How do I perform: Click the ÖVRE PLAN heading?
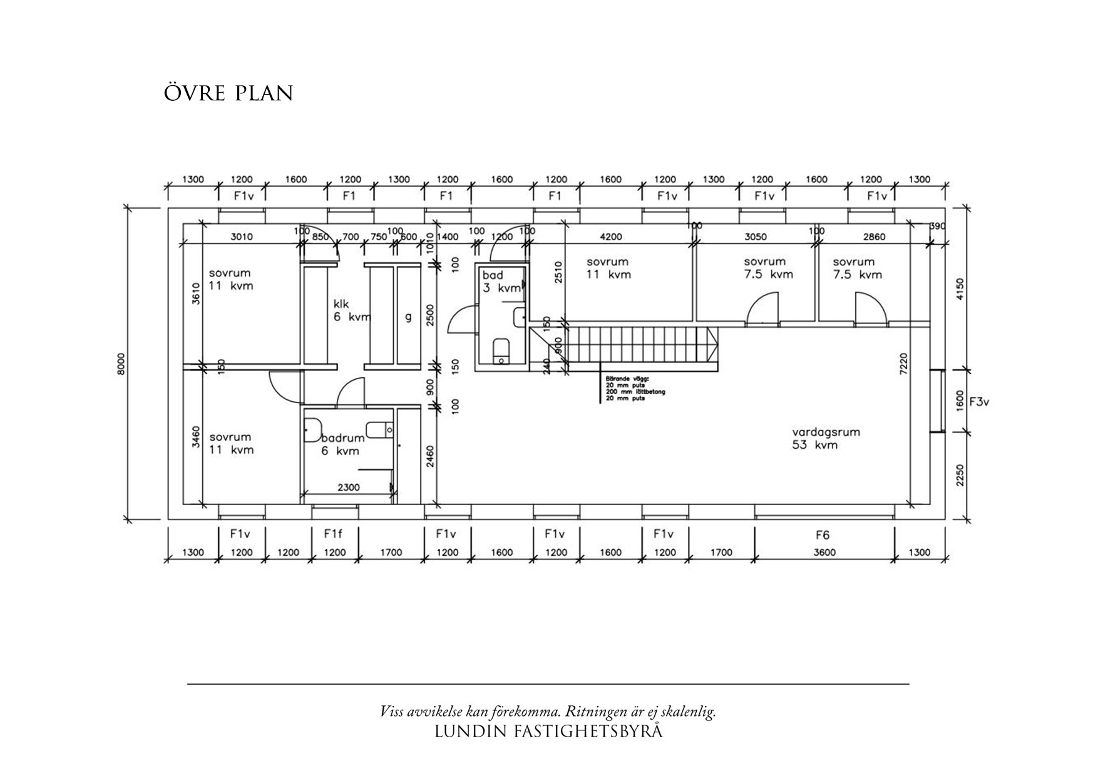228,93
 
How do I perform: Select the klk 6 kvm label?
351,310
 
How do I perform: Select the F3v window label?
979,402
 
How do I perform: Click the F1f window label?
334,534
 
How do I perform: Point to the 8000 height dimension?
121,364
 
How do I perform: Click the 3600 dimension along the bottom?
825,553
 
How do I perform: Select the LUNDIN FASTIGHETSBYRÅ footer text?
548,731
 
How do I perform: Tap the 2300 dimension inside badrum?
348,487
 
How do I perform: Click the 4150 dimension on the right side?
961,289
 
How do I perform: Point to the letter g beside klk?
408,317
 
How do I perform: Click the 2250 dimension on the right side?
961,475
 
